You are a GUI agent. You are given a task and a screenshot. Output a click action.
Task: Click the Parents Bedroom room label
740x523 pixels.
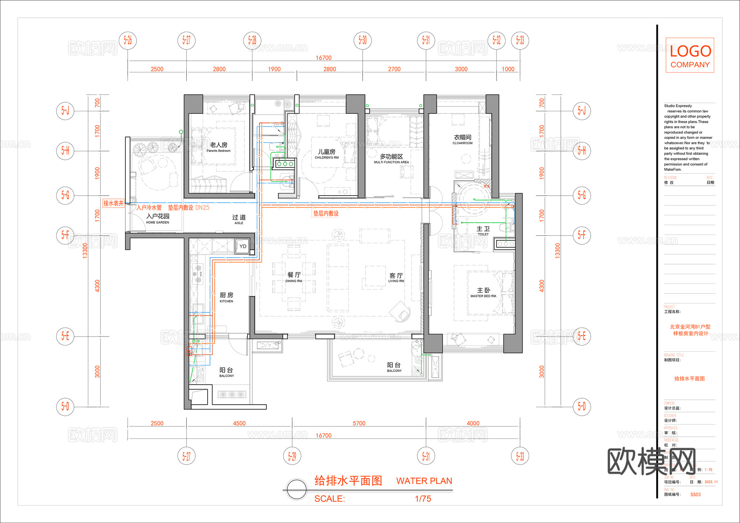[x=218, y=147]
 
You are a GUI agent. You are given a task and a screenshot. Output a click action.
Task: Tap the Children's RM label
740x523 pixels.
[x=326, y=154]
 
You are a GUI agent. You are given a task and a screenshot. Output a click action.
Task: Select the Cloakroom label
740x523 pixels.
[x=462, y=139]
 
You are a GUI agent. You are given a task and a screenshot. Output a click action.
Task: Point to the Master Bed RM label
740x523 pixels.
[x=483, y=293]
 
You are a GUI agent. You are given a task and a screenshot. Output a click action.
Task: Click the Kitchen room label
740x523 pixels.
[x=226, y=297]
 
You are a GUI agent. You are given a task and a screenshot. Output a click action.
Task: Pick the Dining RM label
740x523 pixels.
[x=294, y=277]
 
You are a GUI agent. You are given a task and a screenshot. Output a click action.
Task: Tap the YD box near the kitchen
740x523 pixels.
[x=243, y=246]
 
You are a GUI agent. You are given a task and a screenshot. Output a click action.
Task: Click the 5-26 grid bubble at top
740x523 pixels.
[x=128, y=40]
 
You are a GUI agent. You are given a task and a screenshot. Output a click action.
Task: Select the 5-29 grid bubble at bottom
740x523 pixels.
[x=292, y=456]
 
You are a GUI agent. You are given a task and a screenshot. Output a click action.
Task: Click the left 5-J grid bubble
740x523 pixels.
[x=65, y=111]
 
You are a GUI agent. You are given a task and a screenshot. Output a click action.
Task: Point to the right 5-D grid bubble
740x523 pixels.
[x=582, y=406]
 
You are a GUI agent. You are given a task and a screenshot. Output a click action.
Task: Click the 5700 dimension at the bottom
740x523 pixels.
[x=359, y=423]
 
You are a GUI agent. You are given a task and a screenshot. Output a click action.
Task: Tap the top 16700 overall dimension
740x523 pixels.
[x=324, y=58]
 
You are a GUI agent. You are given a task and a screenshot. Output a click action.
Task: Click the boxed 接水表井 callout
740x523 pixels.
[x=113, y=203]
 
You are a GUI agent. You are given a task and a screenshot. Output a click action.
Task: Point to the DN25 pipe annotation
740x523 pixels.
[x=202, y=207]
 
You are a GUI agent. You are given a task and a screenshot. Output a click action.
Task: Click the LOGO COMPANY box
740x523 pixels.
[x=690, y=55]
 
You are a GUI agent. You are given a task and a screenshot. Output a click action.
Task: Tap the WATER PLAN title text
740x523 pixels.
[x=424, y=481]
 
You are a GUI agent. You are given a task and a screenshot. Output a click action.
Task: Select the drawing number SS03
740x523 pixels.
[x=695, y=494]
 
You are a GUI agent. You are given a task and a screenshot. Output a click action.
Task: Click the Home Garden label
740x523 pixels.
[x=157, y=219]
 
